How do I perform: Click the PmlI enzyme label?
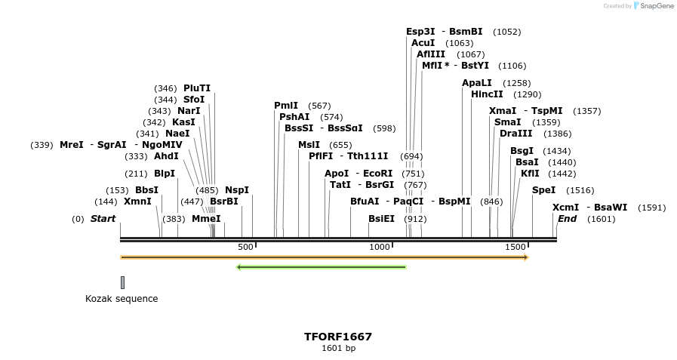click(286, 106)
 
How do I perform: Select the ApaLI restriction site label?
click(477, 83)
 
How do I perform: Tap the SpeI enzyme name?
click(543, 190)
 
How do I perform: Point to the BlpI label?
click(165, 174)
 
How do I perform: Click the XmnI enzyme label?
click(137, 202)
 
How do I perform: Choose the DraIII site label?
click(515, 134)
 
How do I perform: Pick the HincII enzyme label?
click(487, 94)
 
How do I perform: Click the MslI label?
click(309, 145)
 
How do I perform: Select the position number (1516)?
click(580, 190)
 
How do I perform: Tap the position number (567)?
click(320, 106)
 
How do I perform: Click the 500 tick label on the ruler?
click(245, 247)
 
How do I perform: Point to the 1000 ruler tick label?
click(380, 247)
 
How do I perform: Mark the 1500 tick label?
click(515, 247)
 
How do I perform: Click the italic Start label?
click(103, 219)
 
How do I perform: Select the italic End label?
click(567, 219)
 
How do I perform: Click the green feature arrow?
click(322, 266)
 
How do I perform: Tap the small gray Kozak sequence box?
click(122, 282)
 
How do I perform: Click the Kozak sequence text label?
click(122, 299)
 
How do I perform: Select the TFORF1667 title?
click(338, 337)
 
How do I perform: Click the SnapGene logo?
click(654, 6)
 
